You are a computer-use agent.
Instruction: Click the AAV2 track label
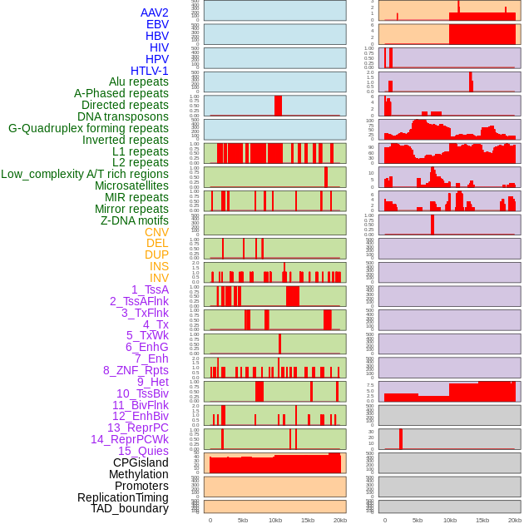155,12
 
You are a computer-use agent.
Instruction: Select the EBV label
157,24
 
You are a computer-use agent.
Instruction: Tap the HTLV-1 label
150,71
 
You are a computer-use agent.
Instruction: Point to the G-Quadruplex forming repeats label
88,128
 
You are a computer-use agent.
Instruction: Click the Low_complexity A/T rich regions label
85,174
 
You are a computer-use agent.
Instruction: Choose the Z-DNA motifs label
135,220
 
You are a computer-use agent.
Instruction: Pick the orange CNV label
156,232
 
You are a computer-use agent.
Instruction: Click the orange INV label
159,278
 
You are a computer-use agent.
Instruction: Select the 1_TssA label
150,289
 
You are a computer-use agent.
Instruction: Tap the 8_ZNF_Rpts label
136,370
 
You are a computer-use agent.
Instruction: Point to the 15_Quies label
143,451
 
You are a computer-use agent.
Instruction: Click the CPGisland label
141,462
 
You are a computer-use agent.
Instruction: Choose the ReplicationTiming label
123,497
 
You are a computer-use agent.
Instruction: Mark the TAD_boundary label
130,508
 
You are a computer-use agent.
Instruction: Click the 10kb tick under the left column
274,520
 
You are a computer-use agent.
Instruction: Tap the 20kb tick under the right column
514,520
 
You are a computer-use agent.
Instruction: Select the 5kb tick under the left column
242,520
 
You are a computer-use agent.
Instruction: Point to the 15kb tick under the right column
482,520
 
